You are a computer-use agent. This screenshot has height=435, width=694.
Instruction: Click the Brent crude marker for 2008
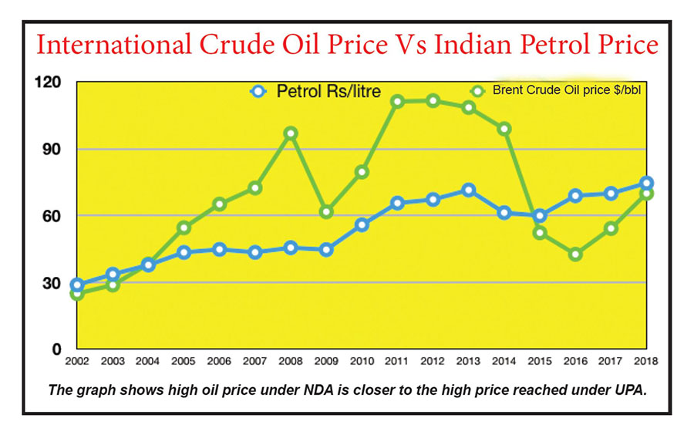point(290,133)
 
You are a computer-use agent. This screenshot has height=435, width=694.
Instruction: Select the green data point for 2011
point(398,102)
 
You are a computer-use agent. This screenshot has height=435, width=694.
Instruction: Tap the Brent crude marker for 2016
point(575,254)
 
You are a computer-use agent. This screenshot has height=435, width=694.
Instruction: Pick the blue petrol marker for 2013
point(468,190)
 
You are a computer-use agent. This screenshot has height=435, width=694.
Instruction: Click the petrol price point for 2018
point(646,183)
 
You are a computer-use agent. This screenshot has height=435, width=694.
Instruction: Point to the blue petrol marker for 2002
point(76,285)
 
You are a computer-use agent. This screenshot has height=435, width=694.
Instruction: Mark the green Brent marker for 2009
point(326,211)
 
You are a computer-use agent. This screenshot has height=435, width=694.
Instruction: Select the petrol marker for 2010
point(362,224)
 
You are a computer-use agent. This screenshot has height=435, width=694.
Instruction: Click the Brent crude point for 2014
point(504,129)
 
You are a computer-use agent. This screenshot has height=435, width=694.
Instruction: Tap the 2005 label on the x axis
point(183,360)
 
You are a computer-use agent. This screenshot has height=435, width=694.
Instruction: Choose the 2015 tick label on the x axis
point(541,360)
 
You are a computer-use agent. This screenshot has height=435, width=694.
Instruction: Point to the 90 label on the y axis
point(52,148)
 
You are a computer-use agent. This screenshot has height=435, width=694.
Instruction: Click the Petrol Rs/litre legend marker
point(258,91)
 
